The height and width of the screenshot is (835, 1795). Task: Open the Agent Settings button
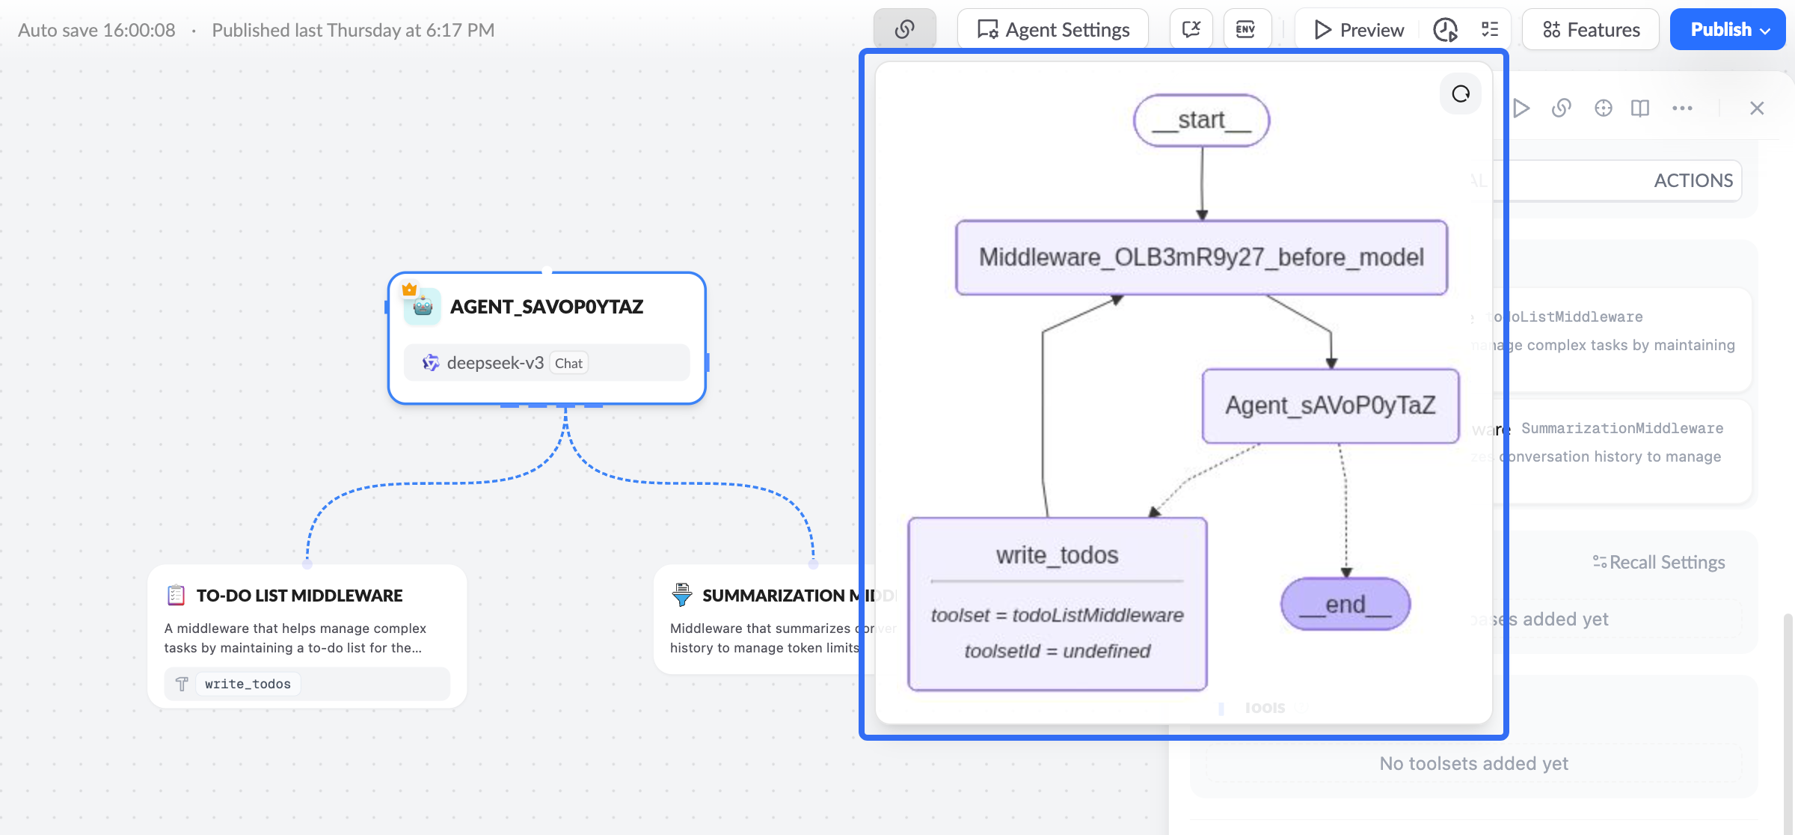[1053, 30]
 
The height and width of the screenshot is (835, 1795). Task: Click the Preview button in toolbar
[1359, 30]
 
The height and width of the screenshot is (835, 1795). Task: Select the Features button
[1591, 30]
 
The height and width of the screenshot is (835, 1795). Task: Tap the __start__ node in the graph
[1201, 120]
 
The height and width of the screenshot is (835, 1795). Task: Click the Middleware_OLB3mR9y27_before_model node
[1201, 257]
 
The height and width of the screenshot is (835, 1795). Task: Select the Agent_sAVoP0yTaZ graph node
[1330, 406]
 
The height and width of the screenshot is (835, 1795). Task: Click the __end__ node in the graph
[1345, 604]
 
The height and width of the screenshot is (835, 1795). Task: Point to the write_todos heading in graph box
[1057, 555]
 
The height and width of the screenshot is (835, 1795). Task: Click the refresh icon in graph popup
[1461, 94]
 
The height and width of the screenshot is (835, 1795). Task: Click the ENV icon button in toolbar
[1246, 30]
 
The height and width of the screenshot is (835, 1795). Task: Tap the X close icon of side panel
[1757, 108]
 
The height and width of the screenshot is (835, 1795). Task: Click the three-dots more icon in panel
[1682, 108]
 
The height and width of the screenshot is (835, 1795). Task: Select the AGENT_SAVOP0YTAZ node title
[547, 307]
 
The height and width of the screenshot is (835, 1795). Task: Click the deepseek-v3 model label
[494, 363]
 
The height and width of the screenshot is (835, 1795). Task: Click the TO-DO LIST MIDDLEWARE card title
[299, 596]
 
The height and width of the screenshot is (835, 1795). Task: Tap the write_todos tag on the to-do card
[248, 684]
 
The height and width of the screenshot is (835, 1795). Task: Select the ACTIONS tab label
[1693, 180]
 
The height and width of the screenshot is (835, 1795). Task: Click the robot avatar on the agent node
[423, 307]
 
